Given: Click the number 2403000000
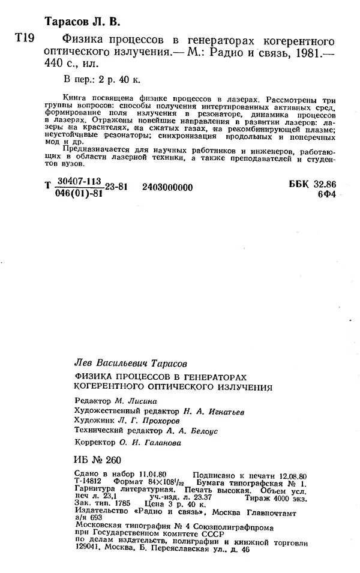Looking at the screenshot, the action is [168, 188].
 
